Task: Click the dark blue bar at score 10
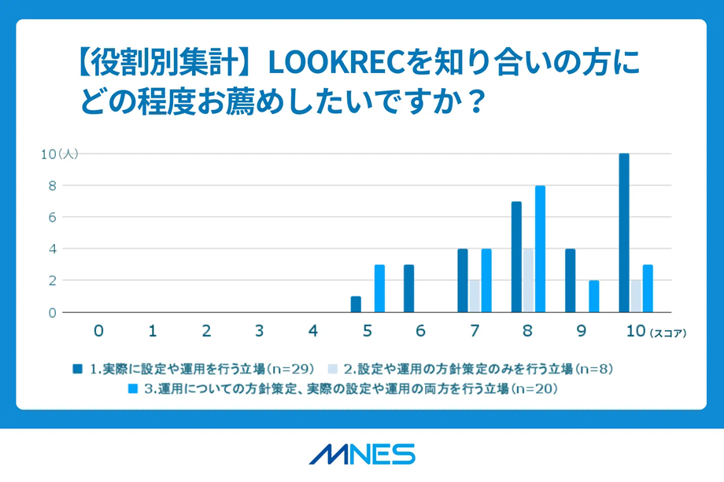[624, 233]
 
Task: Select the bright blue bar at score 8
[540, 249]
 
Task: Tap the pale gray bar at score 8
[529, 281]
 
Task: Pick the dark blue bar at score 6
[408, 289]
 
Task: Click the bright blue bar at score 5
[379, 289]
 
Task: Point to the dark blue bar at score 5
[356, 304]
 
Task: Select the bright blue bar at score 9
[594, 296]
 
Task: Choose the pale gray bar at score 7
[475, 296]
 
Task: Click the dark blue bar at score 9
[571, 281]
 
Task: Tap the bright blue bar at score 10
[648, 289]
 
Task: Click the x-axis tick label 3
[260, 331]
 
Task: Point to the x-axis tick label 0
[98, 331]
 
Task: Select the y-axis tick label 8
[52, 186]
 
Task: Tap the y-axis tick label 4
[52, 249]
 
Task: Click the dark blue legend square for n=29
[78, 369]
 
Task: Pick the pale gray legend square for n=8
[332, 369]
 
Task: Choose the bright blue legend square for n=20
[133, 389]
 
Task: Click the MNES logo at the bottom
[362, 454]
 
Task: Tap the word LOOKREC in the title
[337, 62]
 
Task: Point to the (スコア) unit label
[668, 333]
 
